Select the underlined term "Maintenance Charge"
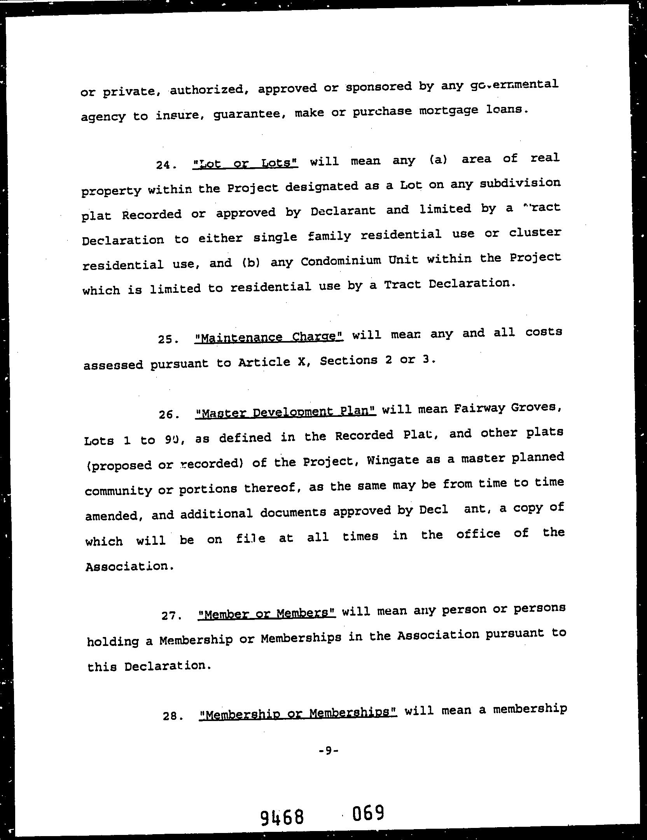click(269, 336)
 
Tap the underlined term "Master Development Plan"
click(285, 412)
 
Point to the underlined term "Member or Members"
click(266, 614)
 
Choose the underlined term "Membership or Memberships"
click(297, 713)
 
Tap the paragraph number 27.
click(171, 616)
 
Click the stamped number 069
click(368, 812)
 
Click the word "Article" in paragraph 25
click(264, 362)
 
